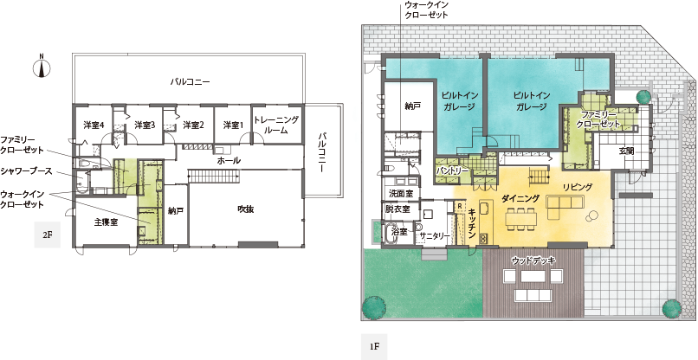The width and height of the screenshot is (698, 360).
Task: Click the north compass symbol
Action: (x=42, y=67)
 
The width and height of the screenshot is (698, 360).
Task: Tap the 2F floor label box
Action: (x=48, y=236)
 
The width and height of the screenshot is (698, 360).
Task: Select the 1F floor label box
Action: (x=374, y=346)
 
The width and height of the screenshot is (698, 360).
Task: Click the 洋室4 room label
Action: (x=94, y=125)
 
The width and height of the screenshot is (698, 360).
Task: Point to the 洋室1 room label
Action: (x=233, y=125)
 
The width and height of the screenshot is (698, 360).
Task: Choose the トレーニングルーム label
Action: (x=276, y=125)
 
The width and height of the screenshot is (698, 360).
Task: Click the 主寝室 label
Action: (x=106, y=222)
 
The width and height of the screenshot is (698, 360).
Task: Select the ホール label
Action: (x=229, y=161)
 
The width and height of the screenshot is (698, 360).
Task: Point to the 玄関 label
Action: (x=626, y=151)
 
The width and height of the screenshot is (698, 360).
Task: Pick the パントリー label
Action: (x=452, y=170)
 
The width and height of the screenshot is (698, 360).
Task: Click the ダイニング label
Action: (x=520, y=197)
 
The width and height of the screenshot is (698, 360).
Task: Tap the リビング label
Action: (x=578, y=187)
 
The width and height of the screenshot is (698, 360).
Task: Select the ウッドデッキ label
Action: (x=533, y=260)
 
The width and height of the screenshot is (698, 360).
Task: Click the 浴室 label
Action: (x=399, y=231)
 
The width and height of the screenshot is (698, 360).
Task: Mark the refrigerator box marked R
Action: (x=459, y=207)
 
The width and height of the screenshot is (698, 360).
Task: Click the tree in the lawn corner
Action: (x=372, y=306)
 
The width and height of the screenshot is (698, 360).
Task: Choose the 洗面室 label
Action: (x=401, y=194)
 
